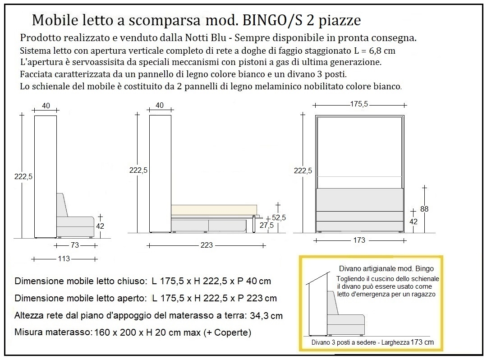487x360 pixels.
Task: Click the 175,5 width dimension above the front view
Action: point(359,104)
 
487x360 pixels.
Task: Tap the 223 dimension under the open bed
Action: point(207,245)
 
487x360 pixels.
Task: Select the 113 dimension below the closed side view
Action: point(64,259)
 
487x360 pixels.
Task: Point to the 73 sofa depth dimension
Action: point(75,245)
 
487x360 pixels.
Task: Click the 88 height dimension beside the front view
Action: point(424,209)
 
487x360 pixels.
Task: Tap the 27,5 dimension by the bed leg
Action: point(267,226)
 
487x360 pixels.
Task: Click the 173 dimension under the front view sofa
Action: point(359,240)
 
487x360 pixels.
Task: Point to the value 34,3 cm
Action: point(266,315)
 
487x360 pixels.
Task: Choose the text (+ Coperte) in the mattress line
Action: point(227,333)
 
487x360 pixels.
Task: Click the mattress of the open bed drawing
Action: point(214,210)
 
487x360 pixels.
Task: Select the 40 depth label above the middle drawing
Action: point(160,106)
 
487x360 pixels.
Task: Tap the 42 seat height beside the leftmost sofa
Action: point(100,226)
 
